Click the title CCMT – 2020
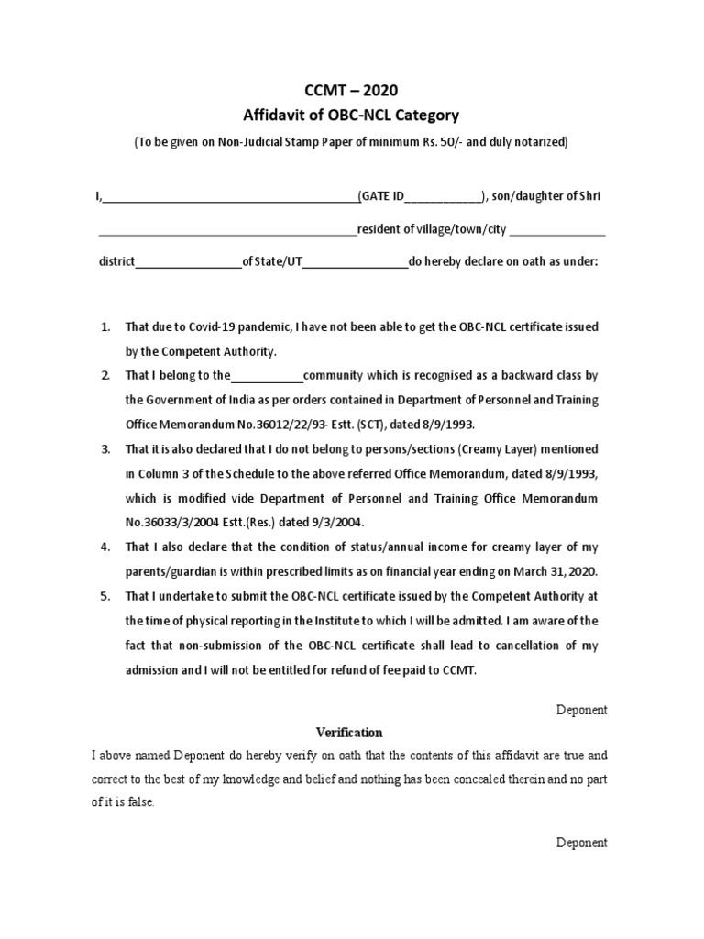351,90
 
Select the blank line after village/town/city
557,229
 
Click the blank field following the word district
188,261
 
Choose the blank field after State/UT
355,261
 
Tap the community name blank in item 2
267,376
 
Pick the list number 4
105,547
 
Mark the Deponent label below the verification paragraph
581,843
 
